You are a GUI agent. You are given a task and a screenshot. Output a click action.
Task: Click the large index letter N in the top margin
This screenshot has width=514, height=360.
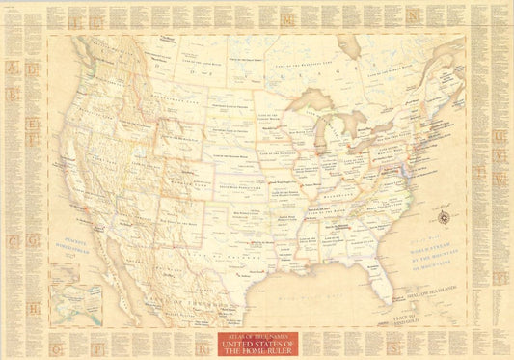412,17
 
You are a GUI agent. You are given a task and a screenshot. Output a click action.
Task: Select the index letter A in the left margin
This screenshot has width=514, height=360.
12,69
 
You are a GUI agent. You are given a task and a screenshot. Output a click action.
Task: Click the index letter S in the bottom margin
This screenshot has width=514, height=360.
393,340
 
